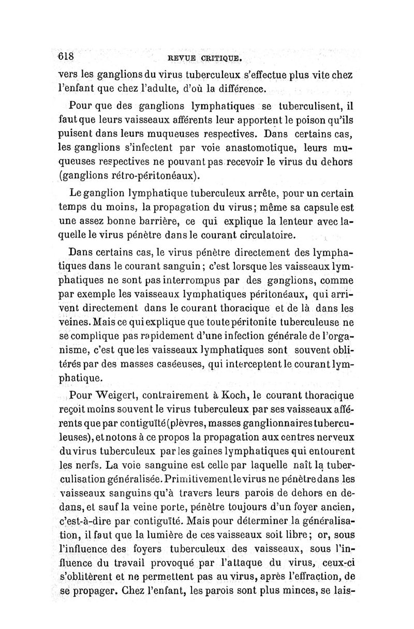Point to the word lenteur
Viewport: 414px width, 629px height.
(x=287, y=223)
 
